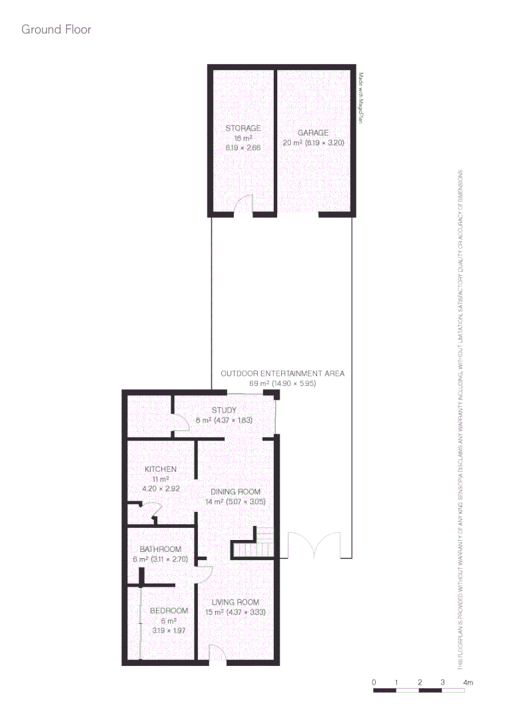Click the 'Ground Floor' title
point(56,29)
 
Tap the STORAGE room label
point(243,128)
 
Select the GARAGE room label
point(313,133)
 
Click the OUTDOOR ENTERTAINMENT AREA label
point(282,373)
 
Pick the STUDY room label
point(225,410)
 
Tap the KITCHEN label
point(161,469)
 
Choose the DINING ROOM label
point(231,492)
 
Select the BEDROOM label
point(169,611)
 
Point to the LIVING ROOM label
point(231,603)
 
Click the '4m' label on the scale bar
point(468,683)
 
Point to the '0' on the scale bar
point(374,683)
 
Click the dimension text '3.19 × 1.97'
point(169,629)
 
